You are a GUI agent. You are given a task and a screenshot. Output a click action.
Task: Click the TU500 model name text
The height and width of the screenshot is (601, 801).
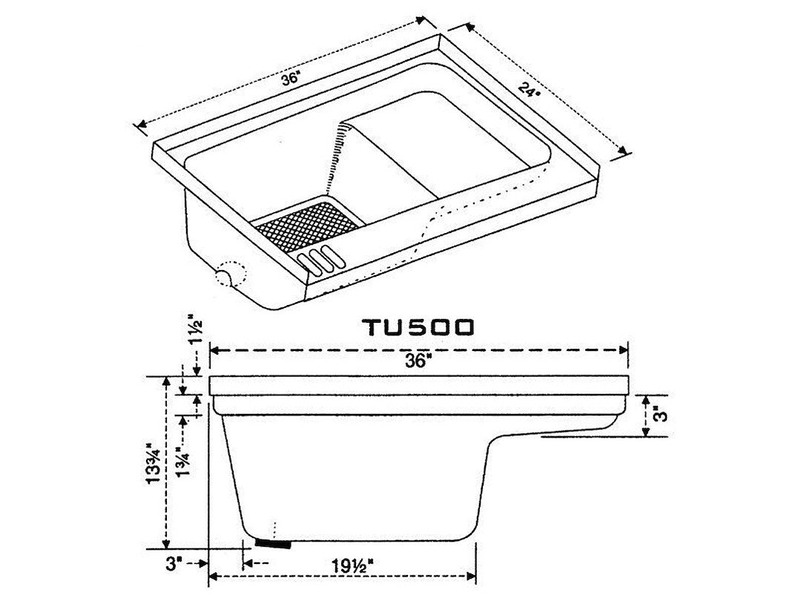click(x=418, y=327)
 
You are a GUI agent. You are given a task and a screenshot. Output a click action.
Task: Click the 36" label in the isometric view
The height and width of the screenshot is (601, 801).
click(x=289, y=79)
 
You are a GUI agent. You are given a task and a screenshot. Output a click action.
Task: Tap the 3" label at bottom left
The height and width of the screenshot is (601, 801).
click(x=174, y=564)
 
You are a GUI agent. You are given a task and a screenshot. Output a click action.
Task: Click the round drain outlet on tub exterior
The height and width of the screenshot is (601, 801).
click(x=223, y=278)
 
